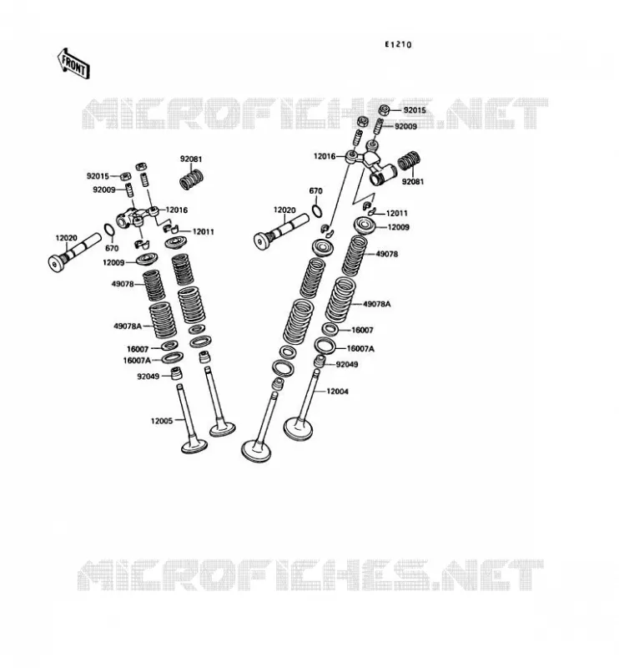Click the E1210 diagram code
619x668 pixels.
click(x=398, y=44)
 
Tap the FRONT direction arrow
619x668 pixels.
click(x=73, y=63)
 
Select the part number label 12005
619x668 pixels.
click(x=162, y=421)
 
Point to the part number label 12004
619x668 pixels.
click(x=337, y=391)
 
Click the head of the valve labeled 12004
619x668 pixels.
click(x=298, y=429)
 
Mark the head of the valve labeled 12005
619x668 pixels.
click(x=194, y=447)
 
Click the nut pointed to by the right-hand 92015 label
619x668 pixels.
click(x=384, y=110)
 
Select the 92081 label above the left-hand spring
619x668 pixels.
click(x=191, y=159)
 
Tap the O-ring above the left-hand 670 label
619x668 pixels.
click(x=109, y=230)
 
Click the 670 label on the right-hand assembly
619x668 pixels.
click(x=315, y=191)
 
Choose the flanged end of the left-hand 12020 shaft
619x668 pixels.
click(x=56, y=264)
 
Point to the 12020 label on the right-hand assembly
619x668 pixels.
click(x=284, y=210)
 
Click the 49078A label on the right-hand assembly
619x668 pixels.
click(x=377, y=304)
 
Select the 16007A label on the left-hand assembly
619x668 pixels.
click(x=137, y=361)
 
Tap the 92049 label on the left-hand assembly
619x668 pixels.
click(x=148, y=377)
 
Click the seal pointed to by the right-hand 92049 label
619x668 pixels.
click(x=320, y=361)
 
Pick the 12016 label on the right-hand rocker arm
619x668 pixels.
click(x=325, y=156)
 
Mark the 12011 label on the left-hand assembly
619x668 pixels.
click(x=204, y=232)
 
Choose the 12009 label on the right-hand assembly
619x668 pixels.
click(x=399, y=227)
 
